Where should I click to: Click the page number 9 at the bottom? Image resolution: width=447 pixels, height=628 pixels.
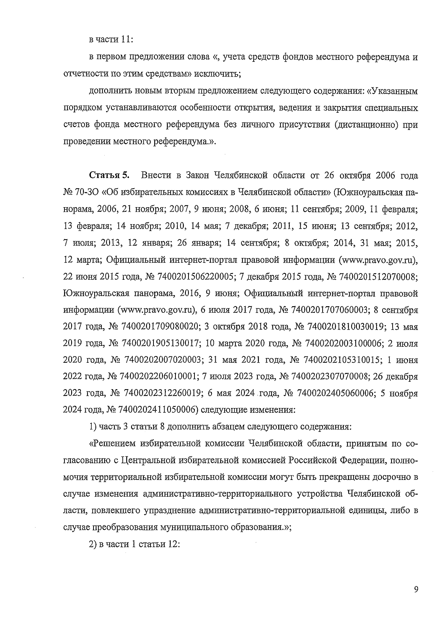[x=416, y=589]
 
